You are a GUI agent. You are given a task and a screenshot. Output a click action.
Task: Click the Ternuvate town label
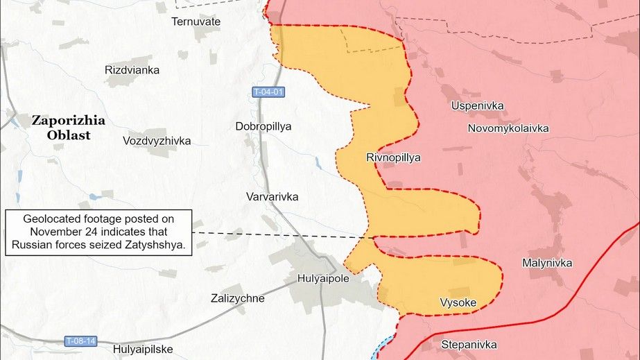196,22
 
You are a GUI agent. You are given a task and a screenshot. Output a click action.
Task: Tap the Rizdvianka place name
132,70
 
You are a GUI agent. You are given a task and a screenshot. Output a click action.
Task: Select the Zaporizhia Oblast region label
69,128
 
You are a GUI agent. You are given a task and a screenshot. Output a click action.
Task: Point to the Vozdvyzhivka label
156,141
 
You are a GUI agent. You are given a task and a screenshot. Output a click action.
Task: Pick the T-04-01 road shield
268,92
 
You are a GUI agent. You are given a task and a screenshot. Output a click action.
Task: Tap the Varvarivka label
272,197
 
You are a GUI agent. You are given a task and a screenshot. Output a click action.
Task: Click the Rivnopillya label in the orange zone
393,157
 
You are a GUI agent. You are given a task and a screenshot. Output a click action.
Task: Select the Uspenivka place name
477,106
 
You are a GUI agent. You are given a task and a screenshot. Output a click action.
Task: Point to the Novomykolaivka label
508,128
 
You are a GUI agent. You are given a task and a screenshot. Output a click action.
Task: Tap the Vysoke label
458,302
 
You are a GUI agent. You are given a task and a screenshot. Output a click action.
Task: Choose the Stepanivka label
469,344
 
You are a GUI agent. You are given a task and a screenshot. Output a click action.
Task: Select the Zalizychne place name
237,298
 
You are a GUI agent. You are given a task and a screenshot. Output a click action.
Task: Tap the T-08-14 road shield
81,341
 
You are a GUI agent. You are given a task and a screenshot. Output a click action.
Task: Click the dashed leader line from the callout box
277,235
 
